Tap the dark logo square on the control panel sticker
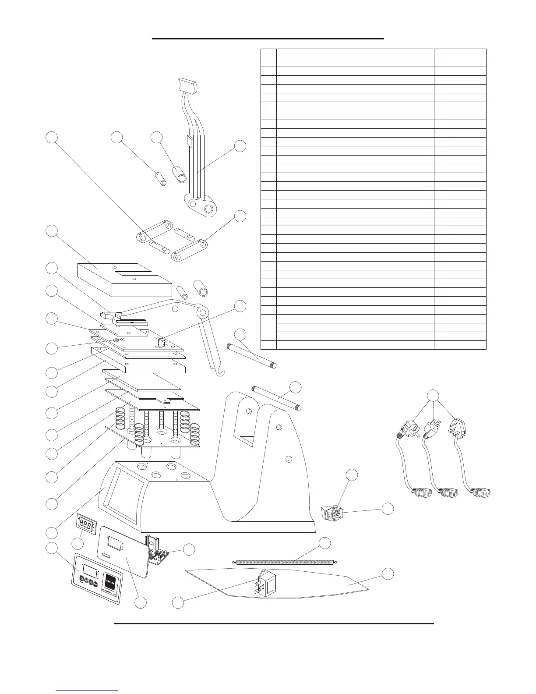[x=111, y=582]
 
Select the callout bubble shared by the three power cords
[x=434, y=395]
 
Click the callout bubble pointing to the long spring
[x=324, y=543]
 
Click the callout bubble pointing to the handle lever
[x=240, y=146]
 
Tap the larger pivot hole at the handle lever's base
[x=209, y=209]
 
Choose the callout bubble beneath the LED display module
[x=77, y=544]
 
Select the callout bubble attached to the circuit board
[x=189, y=549]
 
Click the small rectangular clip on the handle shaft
[x=190, y=141]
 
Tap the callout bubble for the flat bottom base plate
[x=387, y=574]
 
